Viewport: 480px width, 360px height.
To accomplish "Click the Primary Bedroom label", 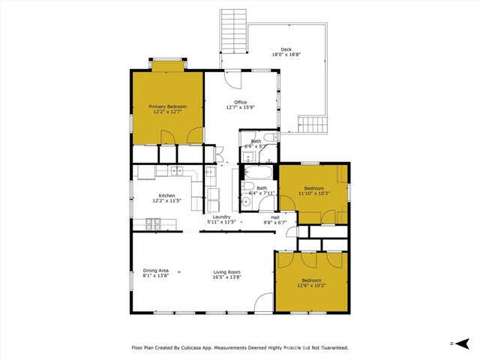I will [167, 107].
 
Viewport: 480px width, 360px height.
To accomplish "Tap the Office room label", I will [240, 103].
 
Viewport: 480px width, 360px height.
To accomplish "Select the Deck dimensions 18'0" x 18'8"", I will [285, 55].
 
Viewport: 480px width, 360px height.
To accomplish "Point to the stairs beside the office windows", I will [314, 124].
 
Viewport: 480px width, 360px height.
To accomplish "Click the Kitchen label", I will [166, 196].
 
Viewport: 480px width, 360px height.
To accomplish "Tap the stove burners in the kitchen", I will [153, 223].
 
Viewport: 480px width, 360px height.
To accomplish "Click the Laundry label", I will [221, 217].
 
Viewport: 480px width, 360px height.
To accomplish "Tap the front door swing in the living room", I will [263, 304].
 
